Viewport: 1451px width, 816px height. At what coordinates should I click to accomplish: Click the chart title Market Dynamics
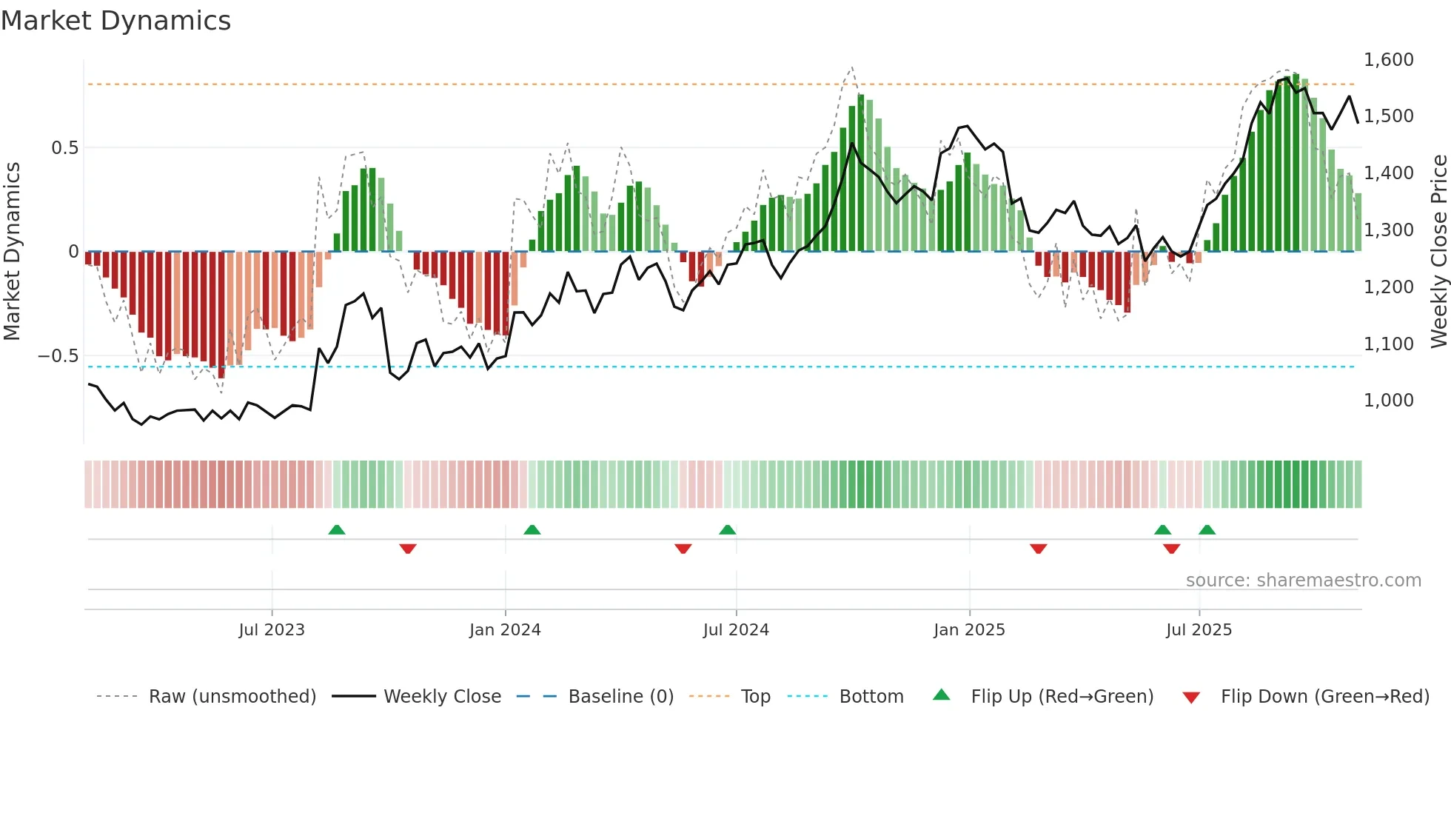pos(115,21)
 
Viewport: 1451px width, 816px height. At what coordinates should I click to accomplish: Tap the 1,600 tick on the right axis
pos(1388,60)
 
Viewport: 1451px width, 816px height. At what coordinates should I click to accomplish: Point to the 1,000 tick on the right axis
pos(1388,401)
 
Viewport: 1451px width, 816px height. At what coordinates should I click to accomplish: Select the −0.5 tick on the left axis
pos(58,356)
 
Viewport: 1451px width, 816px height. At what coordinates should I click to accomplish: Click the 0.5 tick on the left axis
pos(64,148)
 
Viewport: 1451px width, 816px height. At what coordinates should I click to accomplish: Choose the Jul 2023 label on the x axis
pos(272,630)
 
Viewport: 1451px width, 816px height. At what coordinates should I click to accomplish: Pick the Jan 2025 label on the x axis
pos(969,630)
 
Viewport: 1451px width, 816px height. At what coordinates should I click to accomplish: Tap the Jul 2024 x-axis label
pos(736,630)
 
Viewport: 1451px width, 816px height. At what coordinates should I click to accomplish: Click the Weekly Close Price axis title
pos(1438,252)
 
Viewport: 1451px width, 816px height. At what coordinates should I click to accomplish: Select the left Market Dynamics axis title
pos(12,252)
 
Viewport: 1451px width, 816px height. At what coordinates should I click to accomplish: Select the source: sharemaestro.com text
pos(1303,581)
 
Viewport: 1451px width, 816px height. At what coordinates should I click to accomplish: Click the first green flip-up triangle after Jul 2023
pos(337,529)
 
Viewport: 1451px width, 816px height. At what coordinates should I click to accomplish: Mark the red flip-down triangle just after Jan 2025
pos(1038,549)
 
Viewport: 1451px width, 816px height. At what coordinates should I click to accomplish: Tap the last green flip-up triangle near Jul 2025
pos(1207,529)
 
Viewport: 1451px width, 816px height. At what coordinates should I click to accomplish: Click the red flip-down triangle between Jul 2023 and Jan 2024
pos(408,549)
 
